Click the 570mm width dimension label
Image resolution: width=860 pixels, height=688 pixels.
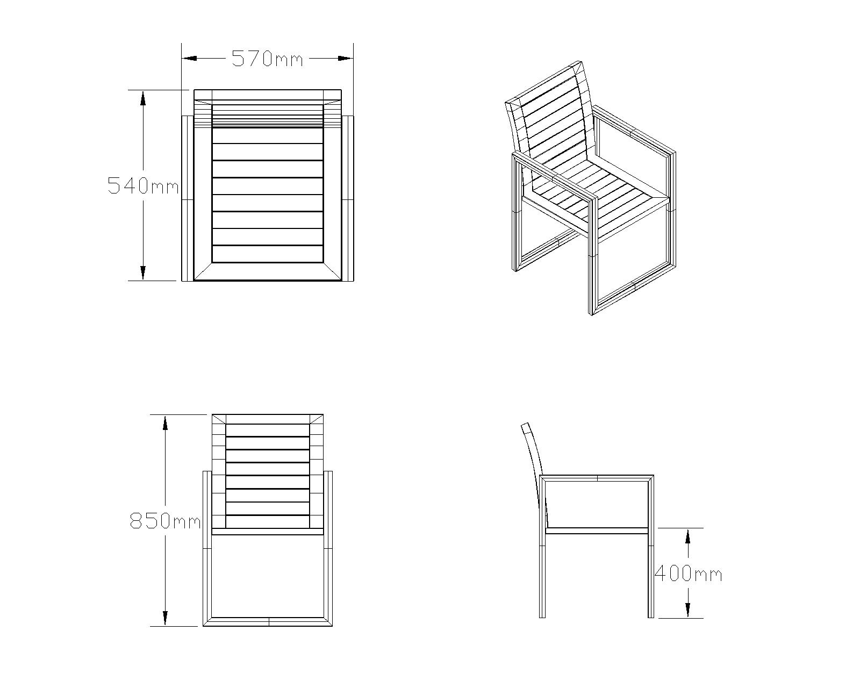point(267,59)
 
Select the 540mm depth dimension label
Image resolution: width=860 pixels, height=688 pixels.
point(143,186)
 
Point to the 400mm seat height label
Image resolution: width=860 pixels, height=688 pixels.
point(688,574)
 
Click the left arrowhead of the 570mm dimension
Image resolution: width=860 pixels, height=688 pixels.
point(189,59)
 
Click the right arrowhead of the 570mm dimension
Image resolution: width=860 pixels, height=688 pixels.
point(345,59)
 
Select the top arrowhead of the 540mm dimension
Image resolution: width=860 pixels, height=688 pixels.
point(142,98)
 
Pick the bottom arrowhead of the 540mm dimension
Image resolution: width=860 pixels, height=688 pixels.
point(142,273)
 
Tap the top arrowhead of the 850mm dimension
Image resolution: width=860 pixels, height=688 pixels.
point(165,422)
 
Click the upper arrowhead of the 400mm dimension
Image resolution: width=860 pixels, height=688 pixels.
point(687,536)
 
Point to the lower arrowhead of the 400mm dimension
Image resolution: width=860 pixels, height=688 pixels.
point(687,610)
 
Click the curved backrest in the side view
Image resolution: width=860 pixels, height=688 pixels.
point(535,472)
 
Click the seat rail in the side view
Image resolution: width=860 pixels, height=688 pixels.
point(597,531)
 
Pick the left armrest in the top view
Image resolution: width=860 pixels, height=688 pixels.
point(188,198)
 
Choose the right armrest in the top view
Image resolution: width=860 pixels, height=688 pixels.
point(348,198)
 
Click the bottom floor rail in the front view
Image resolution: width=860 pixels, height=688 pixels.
point(268,622)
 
